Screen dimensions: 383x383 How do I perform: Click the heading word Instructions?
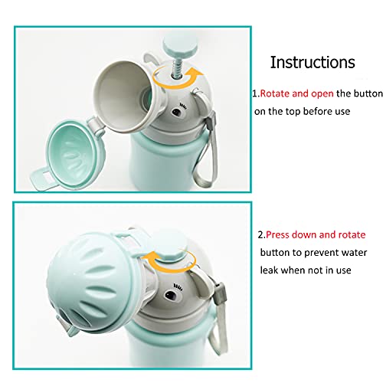point(313,62)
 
